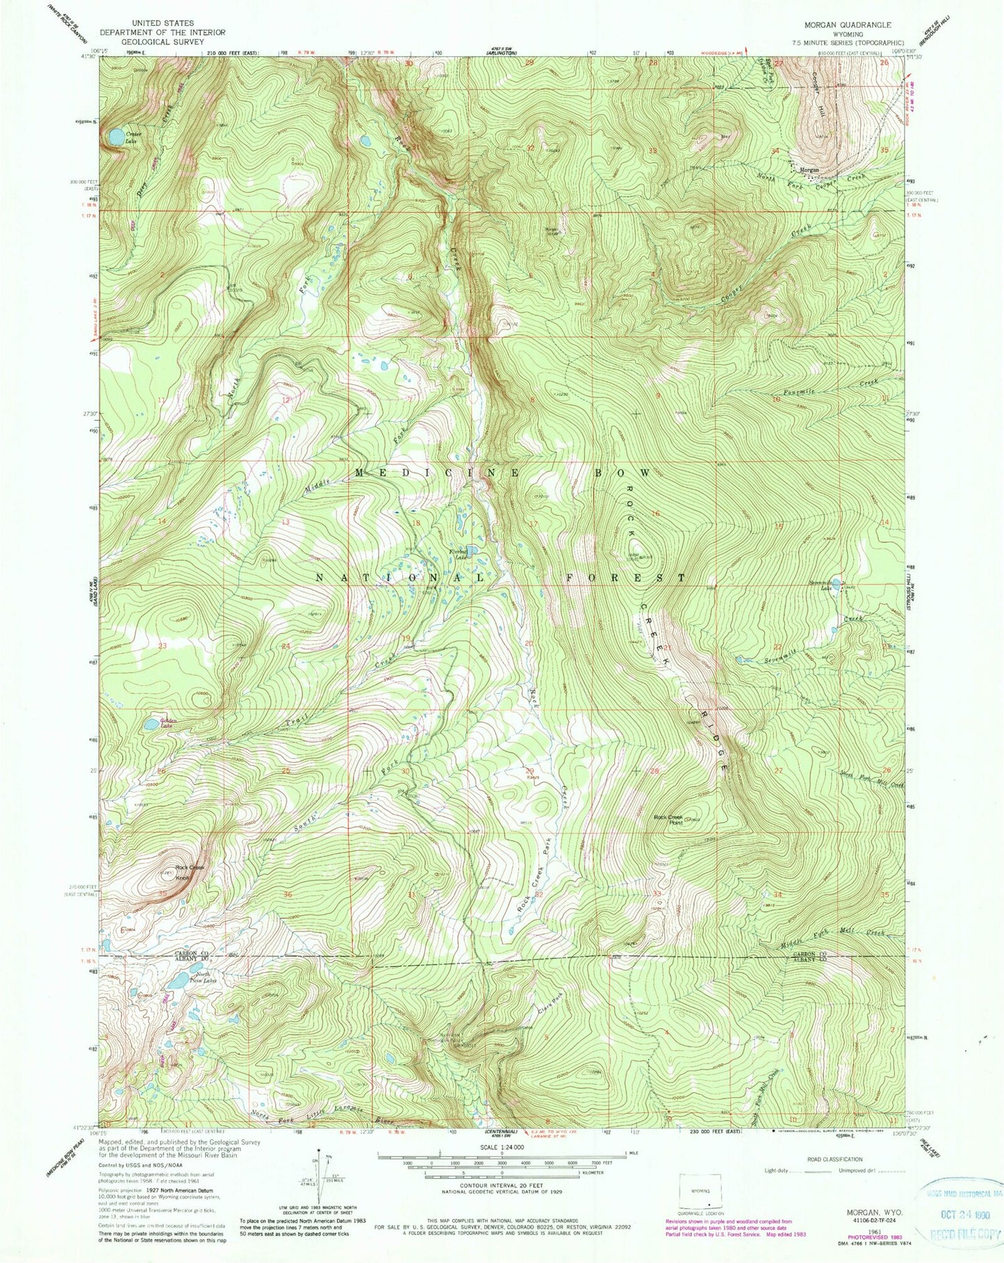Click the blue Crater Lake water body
click(x=115, y=137)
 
